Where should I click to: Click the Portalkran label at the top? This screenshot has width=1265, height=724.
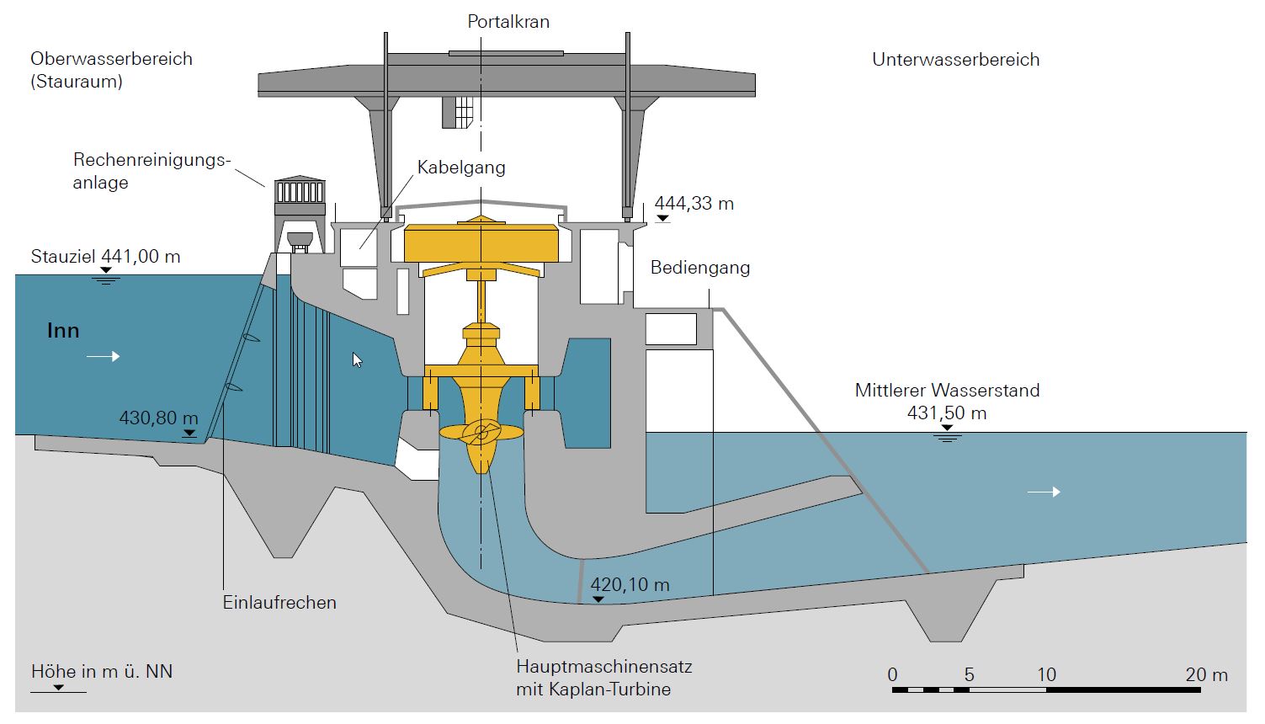(x=508, y=22)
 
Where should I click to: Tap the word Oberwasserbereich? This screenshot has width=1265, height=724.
(x=111, y=59)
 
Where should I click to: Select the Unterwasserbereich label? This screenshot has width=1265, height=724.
(x=955, y=60)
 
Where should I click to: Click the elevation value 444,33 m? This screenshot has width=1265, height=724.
(x=694, y=204)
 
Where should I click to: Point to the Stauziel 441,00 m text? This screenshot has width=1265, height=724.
(x=105, y=257)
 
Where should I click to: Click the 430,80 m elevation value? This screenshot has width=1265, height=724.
(x=158, y=418)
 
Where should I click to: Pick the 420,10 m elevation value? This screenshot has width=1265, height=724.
(x=630, y=585)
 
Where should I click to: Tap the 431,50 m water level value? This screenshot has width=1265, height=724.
(x=946, y=413)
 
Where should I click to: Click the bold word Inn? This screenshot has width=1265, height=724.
(x=63, y=331)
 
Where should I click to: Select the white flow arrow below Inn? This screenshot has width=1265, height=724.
(x=103, y=357)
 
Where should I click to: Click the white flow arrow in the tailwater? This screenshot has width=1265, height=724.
(x=1044, y=492)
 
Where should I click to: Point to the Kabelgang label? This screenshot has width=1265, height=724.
(x=461, y=168)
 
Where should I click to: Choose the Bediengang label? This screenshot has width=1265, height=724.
(x=699, y=268)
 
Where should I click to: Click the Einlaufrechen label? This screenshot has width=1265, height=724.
(x=279, y=603)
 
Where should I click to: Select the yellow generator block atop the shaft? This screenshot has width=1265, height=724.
(x=481, y=243)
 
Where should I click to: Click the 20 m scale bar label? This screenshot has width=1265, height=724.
(x=1206, y=675)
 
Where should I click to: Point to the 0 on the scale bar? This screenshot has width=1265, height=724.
(x=892, y=675)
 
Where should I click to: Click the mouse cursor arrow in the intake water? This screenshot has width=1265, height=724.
(x=357, y=360)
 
